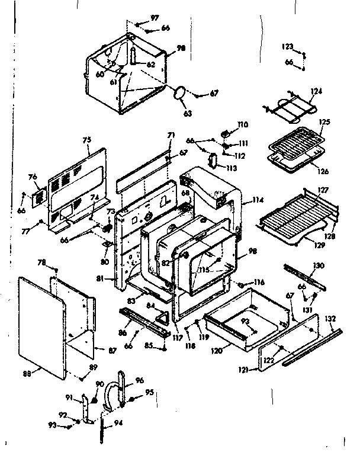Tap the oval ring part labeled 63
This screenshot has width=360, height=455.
pos(179,93)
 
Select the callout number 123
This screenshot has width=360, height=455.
pos(287,46)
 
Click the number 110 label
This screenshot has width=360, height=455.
pos(243,124)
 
